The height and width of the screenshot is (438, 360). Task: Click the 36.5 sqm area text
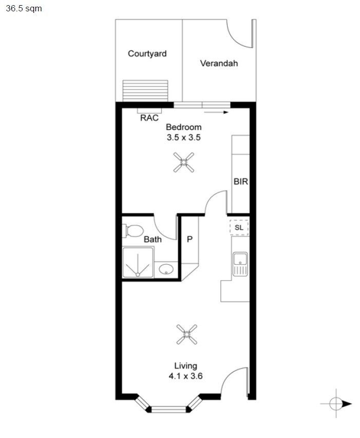(x=21, y=9)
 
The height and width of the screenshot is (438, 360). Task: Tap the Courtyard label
(x=147, y=53)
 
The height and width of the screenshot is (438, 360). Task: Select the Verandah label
(x=219, y=64)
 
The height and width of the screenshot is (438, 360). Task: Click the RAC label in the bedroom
(x=149, y=118)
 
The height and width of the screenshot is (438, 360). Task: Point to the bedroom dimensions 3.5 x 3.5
(x=183, y=137)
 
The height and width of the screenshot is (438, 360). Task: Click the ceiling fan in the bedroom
(x=183, y=162)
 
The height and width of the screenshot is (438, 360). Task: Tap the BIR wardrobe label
(x=241, y=181)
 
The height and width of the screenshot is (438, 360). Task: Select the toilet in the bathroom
(x=132, y=231)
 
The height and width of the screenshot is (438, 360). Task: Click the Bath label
(x=153, y=239)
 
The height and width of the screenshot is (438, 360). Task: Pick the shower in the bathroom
(x=138, y=262)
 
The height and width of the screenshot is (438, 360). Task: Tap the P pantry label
(x=189, y=240)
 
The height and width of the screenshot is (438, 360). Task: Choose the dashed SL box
(x=239, y=227)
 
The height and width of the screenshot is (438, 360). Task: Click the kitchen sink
(x=240, y=264)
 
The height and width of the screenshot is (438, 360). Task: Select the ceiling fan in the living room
(x=187, y=335)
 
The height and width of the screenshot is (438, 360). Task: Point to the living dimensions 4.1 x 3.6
(x=185, y=376)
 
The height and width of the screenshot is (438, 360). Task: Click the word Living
(x=185, y=366)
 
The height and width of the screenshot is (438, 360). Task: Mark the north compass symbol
(x=336, y=404)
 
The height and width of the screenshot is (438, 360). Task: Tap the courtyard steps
(x=145, y=91)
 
